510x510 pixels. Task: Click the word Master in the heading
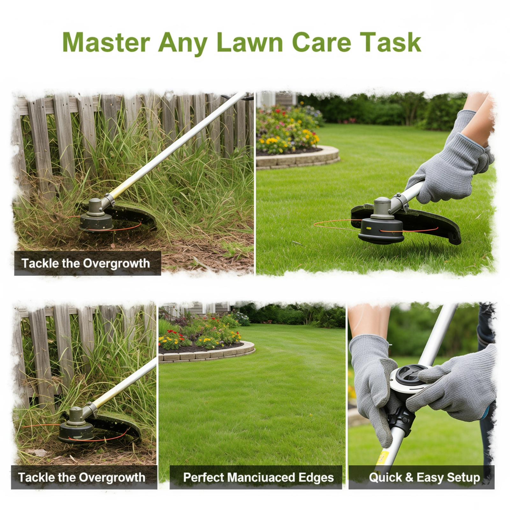pyautogui.click(x=106, y=42)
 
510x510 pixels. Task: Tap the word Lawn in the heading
pyautogui.click(x=250, y=42)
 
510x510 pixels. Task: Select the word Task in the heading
pyautogui.click(x=389, y=42)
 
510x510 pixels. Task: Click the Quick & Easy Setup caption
pyautogui.click(x=424, y=477)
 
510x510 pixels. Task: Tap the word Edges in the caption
pyautogui.click(x=316, y=477)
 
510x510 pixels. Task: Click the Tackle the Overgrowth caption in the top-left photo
pyautogui.click(x=85, y=263)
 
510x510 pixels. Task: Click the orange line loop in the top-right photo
pyautogui.click(x=336, y=225)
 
